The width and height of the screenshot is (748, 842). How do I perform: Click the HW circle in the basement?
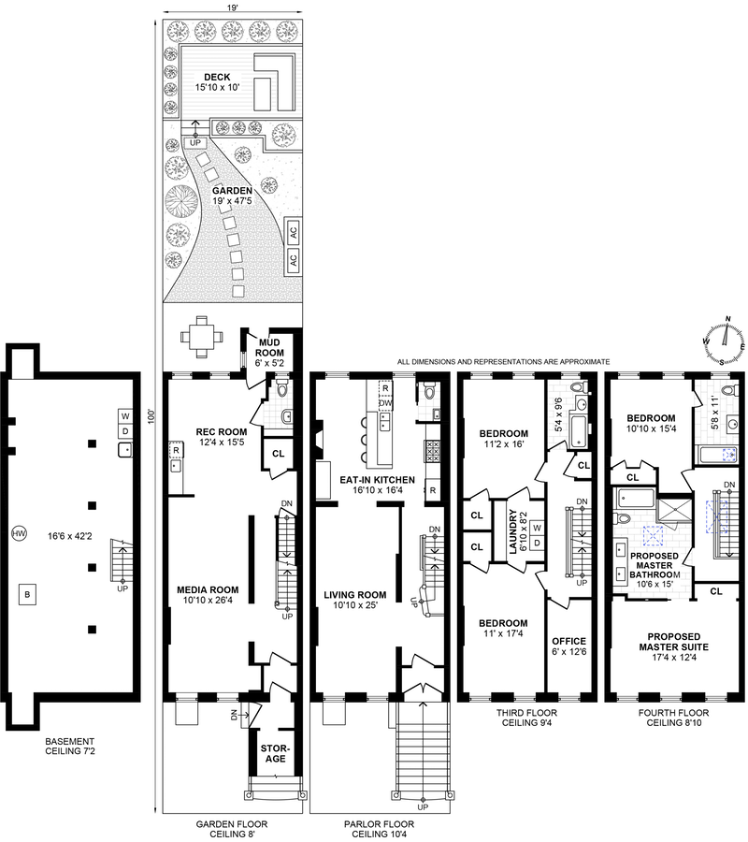(20, 534)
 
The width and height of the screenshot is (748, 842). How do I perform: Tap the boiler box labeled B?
(27, 595)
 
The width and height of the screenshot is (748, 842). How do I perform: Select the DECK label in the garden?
(217, 78)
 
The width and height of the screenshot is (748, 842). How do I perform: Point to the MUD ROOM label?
(269, 347)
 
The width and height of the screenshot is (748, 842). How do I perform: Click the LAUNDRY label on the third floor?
(512, 531)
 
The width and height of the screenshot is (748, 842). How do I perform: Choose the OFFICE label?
(568, 641)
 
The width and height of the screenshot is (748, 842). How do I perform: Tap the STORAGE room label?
(275, 753)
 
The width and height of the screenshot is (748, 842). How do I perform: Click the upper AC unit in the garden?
(293, 233)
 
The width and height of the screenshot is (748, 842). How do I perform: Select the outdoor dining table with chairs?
(202, 337)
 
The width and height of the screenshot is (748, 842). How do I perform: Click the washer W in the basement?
(125, 416)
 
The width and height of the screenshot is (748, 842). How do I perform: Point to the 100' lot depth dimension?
(151, 416)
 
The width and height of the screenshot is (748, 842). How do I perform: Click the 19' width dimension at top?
(232, 7)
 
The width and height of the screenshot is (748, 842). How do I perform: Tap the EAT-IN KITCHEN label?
(377, 480)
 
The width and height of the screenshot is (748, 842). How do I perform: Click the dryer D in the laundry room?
(537, 543)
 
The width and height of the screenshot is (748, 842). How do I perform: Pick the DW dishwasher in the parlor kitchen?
(385, 402)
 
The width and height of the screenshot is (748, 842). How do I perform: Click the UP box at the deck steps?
(194, 143)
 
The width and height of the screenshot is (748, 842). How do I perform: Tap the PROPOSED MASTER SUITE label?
(673, 642)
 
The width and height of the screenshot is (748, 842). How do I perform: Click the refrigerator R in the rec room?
(176, 450)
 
